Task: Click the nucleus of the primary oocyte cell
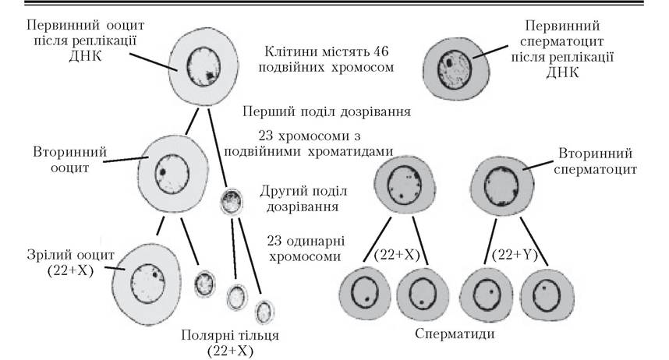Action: pyautogui.click(x=204, y=67)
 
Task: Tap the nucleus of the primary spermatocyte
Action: pyautogui.click(x=455, y=69)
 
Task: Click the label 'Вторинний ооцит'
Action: pyautogui.click(x=69, y=160)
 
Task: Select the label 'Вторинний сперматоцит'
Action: pyautogui.click(x=595, y=161)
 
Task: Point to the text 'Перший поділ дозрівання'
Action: pyautogui.click(x=327, y=111)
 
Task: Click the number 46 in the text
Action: pyautogui.click(x=381, y=51)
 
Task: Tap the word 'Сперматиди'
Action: pyautogui.click(x=455, y=334)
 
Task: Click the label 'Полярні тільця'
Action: pyautogui.click(x=230, y=335)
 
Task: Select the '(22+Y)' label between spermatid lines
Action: pyautogui.click(x=514, y=255)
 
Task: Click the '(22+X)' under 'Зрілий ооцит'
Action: pyautogui.click(x=70, y=270)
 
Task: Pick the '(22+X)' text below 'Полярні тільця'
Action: pyautogui.click(x=230, y=351)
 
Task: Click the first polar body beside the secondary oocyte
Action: pyautogui.click(x=232, y=201)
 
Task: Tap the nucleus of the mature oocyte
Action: pyautogui.click(x=147, y=284)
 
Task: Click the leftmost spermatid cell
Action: pyautogui.click(x=365, y=294)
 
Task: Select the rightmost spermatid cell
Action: pyautogui.click(x=547, y=295)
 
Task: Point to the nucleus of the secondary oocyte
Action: pyautogui.click(x=172, y=174)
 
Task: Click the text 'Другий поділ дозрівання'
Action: pyautogui.click(x=303, y=199)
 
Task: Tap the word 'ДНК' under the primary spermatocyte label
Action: pyautogui.click(x=562, y=72)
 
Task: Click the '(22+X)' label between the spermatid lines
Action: pyautogui.click(x=397, y=255)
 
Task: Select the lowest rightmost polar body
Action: pyautogui.click(x=264, y=312)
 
